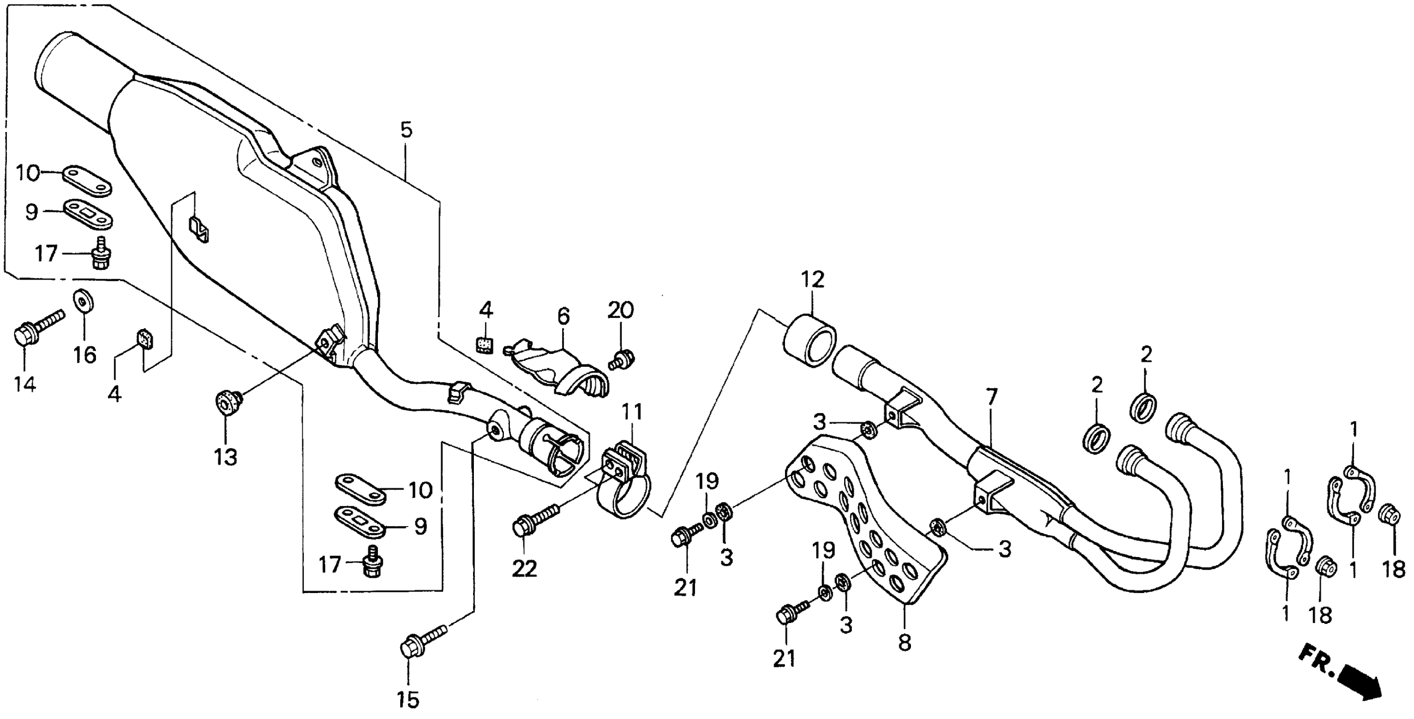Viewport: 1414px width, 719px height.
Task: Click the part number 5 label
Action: point(406,131)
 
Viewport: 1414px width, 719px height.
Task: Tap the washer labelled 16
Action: point(83,302)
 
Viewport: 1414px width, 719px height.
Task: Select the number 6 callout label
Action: point(563,316)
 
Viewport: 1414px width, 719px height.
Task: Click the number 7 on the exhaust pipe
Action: point(991,397)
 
